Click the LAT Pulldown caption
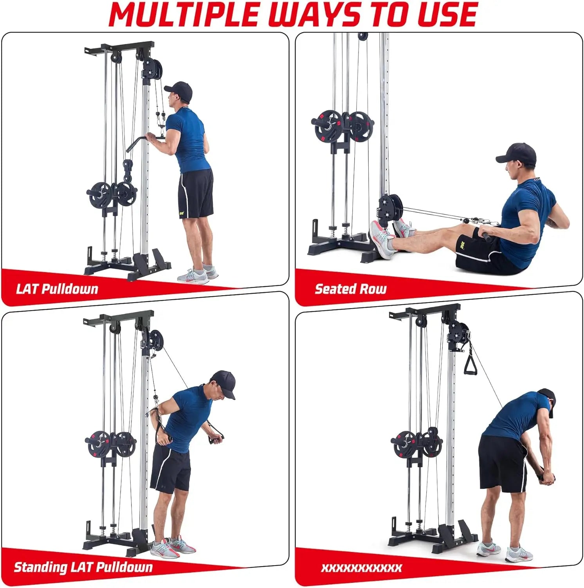click(x=57, y=289)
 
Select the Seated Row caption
click(x=350, y=289)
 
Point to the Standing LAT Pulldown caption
click(x=83, y=567)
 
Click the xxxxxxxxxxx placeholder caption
click(x=361, y=568)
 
